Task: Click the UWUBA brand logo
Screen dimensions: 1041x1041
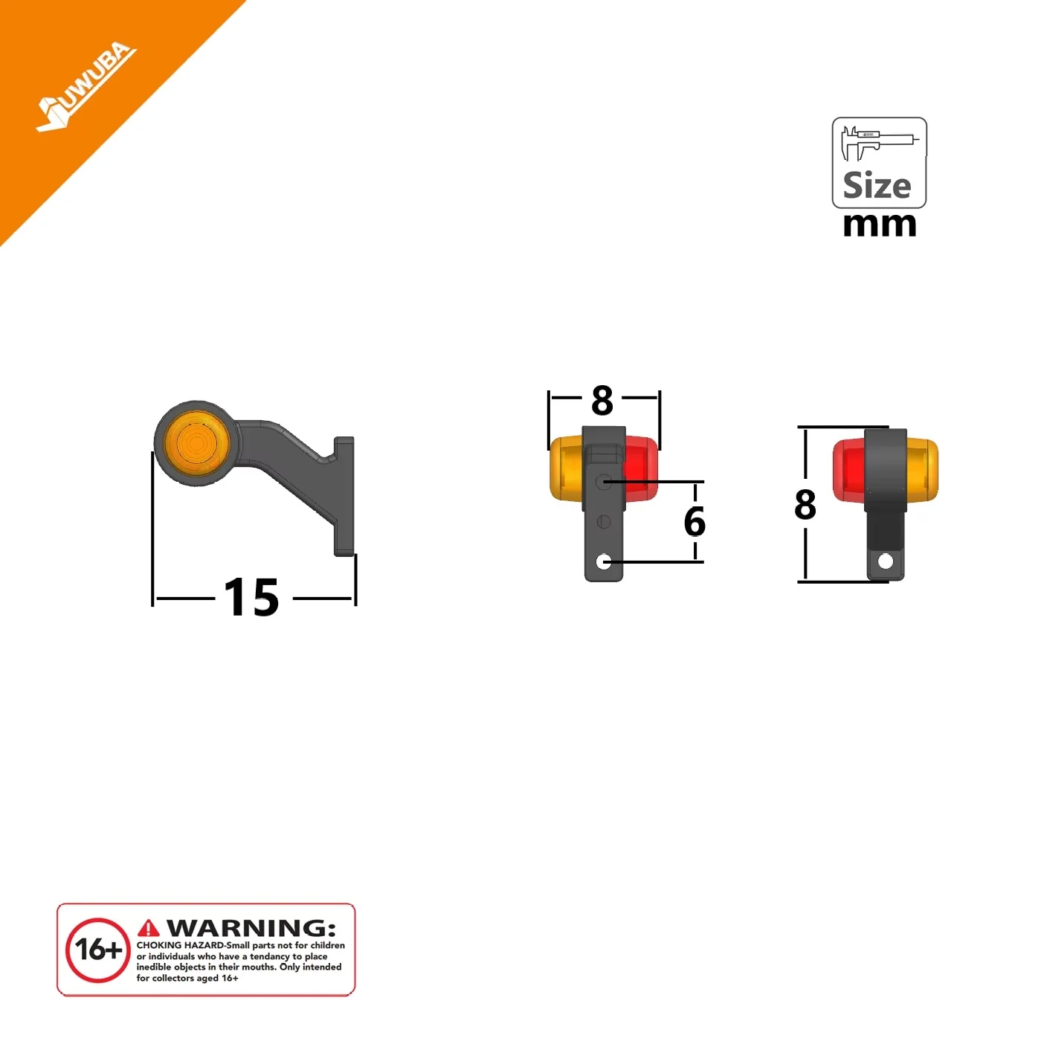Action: [x=86, y=86]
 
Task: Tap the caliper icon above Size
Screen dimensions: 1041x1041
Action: [x=879, y=144]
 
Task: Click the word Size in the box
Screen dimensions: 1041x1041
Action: [x=877, y=186]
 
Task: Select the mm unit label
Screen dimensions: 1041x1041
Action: [x=880, y=225]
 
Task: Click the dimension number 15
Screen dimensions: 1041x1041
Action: [x=252, y=597]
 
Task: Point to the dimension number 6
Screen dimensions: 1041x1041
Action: [x=694, y=521]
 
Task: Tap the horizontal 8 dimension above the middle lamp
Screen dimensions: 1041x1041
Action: [x=602, y=400]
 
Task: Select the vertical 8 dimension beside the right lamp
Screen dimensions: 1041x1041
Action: [x=805, y=504]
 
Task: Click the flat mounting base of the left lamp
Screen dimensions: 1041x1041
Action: [x=344, y=496]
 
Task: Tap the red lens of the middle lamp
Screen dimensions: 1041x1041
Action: [x=641, y=467]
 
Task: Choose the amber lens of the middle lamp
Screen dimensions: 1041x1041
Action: [x=566, y=468]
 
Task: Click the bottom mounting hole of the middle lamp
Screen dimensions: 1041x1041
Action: [x=604, y=562]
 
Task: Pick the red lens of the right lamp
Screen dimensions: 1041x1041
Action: [x=850, y=470]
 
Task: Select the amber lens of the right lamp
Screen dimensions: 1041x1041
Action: [x=921, y=470]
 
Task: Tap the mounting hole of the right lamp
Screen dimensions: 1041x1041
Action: [x=886, y=561]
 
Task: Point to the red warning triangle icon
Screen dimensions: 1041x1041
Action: [x=149, y=929]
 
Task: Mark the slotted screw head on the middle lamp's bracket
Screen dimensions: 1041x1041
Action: [x=604, y=522]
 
